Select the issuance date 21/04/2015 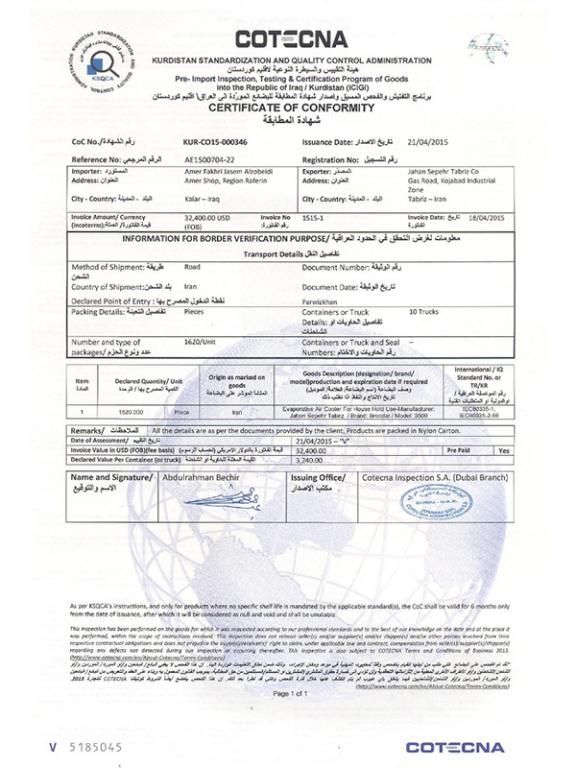[x=426, y=141]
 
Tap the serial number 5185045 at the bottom [x=66, y=746]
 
